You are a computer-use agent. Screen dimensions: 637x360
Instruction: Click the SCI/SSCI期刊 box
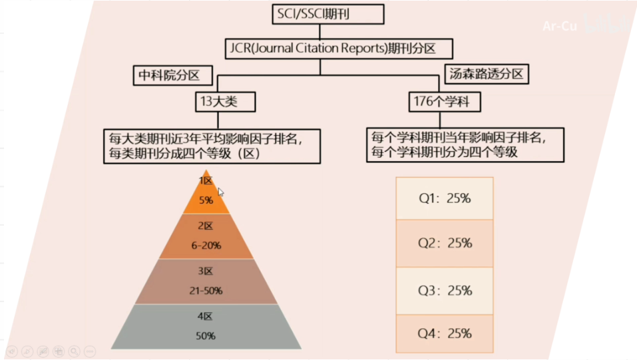click(x=328, y=14)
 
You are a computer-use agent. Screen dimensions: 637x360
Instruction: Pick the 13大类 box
click(x=215, y=102)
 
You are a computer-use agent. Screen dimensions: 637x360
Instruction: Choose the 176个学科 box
click(x=444, y=102)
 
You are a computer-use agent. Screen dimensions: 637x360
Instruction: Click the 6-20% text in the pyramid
click(x=206, y=246)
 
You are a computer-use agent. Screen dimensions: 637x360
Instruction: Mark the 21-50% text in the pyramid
click(x=206, y=291)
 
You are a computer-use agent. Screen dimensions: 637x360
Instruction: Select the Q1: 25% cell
click(x=445, y=198)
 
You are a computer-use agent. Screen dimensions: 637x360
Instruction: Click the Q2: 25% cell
click(x=445, y=244)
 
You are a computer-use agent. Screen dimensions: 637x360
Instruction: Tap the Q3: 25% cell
click(x=445, y=291)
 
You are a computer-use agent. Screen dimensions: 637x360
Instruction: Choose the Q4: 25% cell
click(x=445, y=333)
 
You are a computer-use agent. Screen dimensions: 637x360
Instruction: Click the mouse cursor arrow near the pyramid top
click(x=220, y=192)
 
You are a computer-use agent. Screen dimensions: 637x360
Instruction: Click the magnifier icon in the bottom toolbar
click(x=74, y=351)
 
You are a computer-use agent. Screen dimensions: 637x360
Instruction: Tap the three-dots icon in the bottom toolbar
click(x=90, y=351)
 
